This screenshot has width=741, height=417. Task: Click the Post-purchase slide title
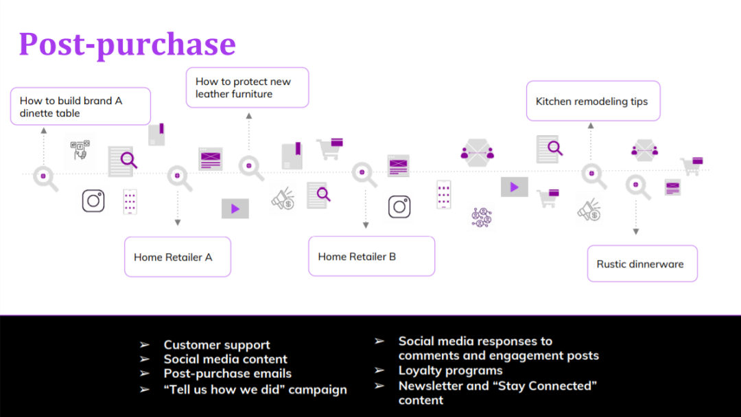pyautogui.click(x=127, y=44)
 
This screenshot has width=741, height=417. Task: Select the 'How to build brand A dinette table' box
pyautogui.click(x=80, y=106)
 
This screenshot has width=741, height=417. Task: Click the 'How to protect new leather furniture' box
pyautogui.click(x=247, y=87)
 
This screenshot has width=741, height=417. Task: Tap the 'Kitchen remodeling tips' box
pyautogui.click(x=593, y=101)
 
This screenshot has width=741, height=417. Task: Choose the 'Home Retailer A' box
pyautogui.click(x=177, y=257)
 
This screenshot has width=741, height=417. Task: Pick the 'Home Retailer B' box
pyautogui.click(x=371, y=257)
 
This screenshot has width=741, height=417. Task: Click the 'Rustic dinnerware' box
pyautogui.click(x=642, y=264)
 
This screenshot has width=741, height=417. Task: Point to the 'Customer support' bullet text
pyautogui.click(x=217, y=345)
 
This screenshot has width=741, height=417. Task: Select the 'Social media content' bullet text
pyautogui.click(x=225, y=359)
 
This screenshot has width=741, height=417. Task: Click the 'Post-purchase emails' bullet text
pyautogui.click(x=227, y=374)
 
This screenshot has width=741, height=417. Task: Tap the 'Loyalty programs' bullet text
pyautogui.click(x=450, y=370)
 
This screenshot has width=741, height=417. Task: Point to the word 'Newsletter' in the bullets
pyautogui.click(x=430, y=385)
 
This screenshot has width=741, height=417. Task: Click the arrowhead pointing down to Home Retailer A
pyautogui.click(x=178, y=222)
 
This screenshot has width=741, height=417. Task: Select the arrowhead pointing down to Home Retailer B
pyautogui.click(x=366, y=225)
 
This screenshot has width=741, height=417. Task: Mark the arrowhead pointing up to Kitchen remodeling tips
pyautogui.click(x=591, y=126)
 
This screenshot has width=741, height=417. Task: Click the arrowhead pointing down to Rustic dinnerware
pyautogui.click(x=636, y=232)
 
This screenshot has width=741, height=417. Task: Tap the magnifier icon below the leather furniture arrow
pyautogui.click(x=250, y=167)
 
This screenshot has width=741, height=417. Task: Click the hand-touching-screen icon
pyautogui.click(x=81, y=150)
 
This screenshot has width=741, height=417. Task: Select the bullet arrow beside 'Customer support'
pyautogui.click(x=144, y=344)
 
